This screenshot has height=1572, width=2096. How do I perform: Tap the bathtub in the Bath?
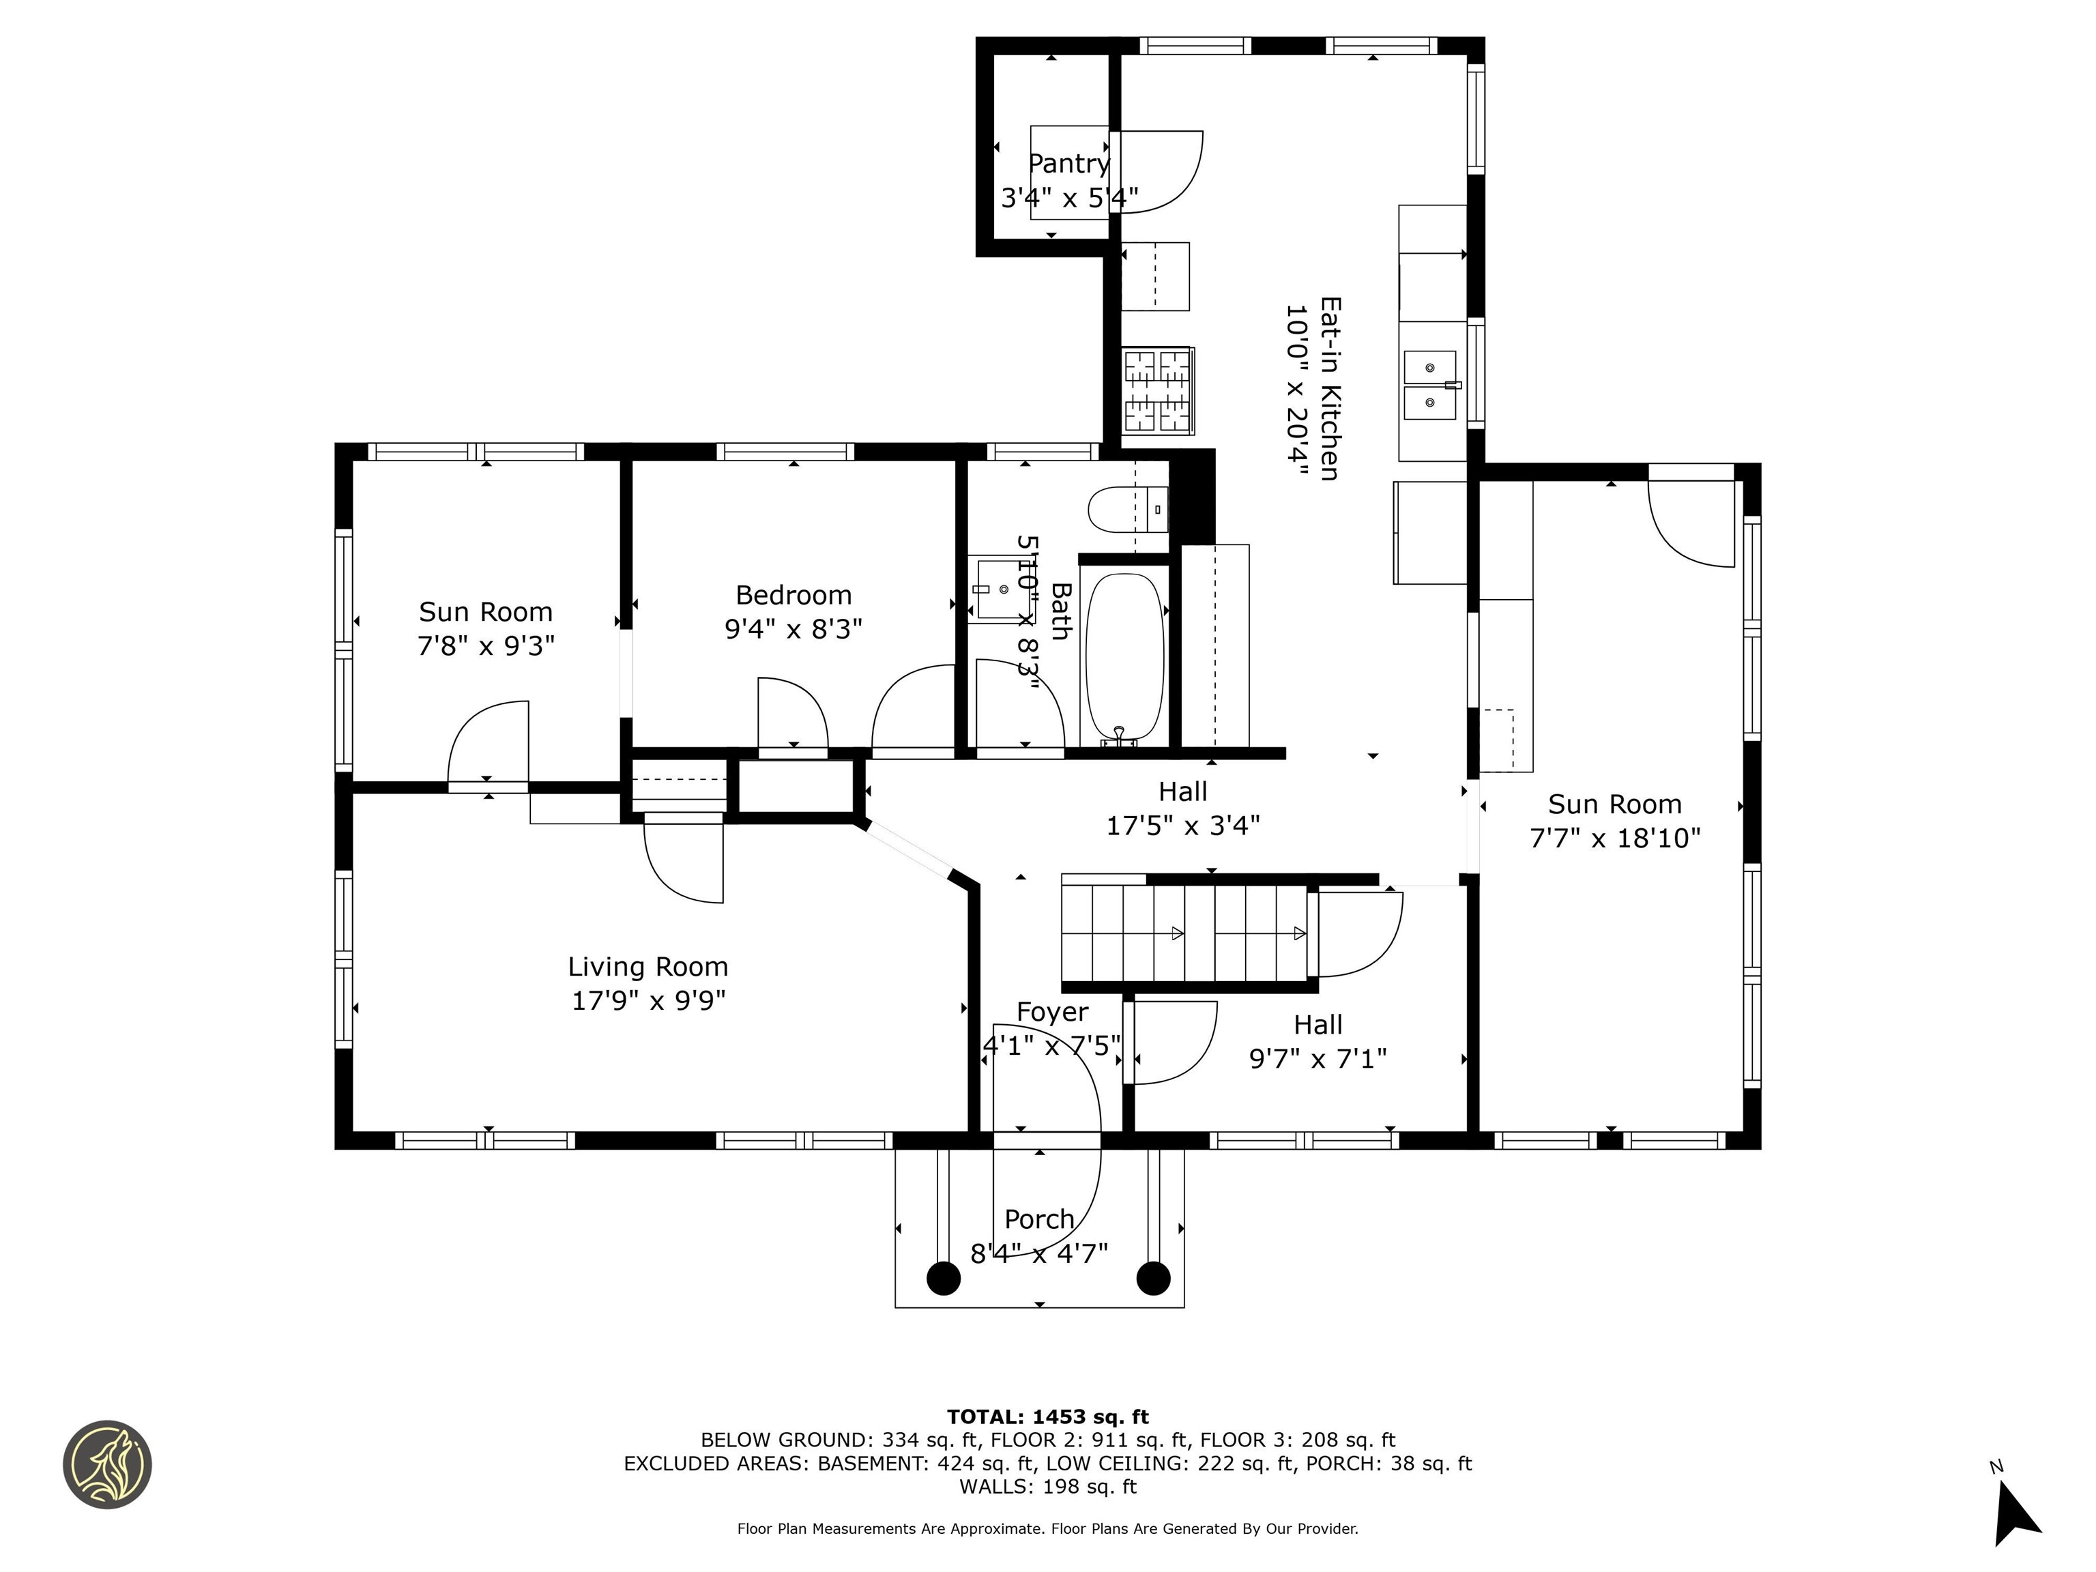click(1123, 656)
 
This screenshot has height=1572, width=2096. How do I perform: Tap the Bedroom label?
click(793, 595)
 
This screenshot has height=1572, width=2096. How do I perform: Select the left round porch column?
click(943, 1278)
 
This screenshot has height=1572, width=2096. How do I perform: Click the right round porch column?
click(1152, 1278)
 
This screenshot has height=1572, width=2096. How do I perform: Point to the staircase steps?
click(1184, 933)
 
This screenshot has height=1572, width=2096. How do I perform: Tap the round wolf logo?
click(107, 1464)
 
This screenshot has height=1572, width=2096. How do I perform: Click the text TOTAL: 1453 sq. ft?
click(1047, 1416)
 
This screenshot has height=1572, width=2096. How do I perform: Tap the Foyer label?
click(1052, 1012)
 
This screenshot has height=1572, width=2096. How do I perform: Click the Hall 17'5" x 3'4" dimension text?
click(1182, 826)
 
